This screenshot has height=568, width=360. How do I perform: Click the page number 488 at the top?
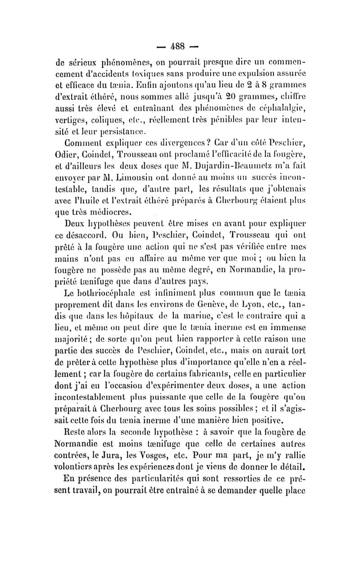pos(180,46)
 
